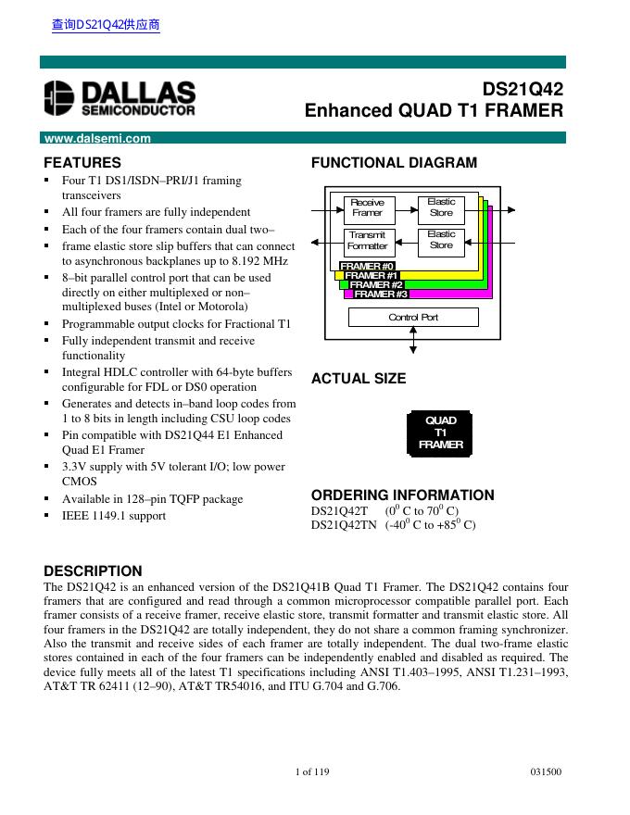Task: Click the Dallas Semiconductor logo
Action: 120,98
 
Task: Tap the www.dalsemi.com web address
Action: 97,139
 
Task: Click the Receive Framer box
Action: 367,207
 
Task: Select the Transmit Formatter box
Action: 367,241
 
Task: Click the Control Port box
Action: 413,318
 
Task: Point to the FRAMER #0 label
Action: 368,267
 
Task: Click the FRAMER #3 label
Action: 381,295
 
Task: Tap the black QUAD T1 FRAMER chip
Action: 440,433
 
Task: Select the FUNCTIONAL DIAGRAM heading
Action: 394,163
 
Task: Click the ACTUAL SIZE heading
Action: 359,379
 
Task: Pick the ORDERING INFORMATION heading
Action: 402,495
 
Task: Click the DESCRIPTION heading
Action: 94,570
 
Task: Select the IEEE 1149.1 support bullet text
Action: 114,516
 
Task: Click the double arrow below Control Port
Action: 413,340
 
